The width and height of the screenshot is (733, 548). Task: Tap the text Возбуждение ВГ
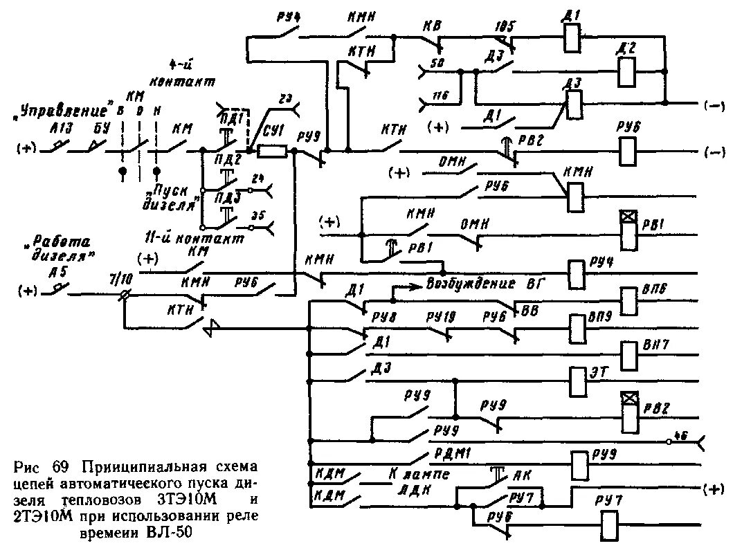tap(484, 284)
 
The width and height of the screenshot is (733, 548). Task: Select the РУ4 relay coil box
tap(575, 273)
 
